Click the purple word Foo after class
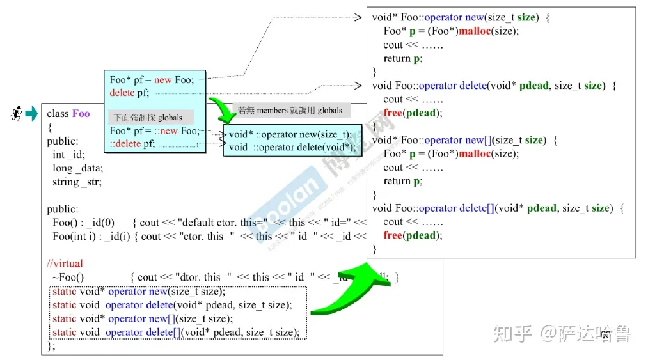[81, 114]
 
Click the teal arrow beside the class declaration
[31, 114]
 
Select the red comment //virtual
[65, 263]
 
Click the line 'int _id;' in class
[68, 154]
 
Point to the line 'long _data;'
[77, 168]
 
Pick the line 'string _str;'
[77, 182]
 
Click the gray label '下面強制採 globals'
[148, 118]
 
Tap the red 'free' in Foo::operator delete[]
[393, 235]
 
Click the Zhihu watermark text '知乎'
[513, 333]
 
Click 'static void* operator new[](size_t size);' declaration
[143, 318]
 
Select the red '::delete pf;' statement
[132, 144]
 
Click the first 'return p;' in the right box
[403, 58]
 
